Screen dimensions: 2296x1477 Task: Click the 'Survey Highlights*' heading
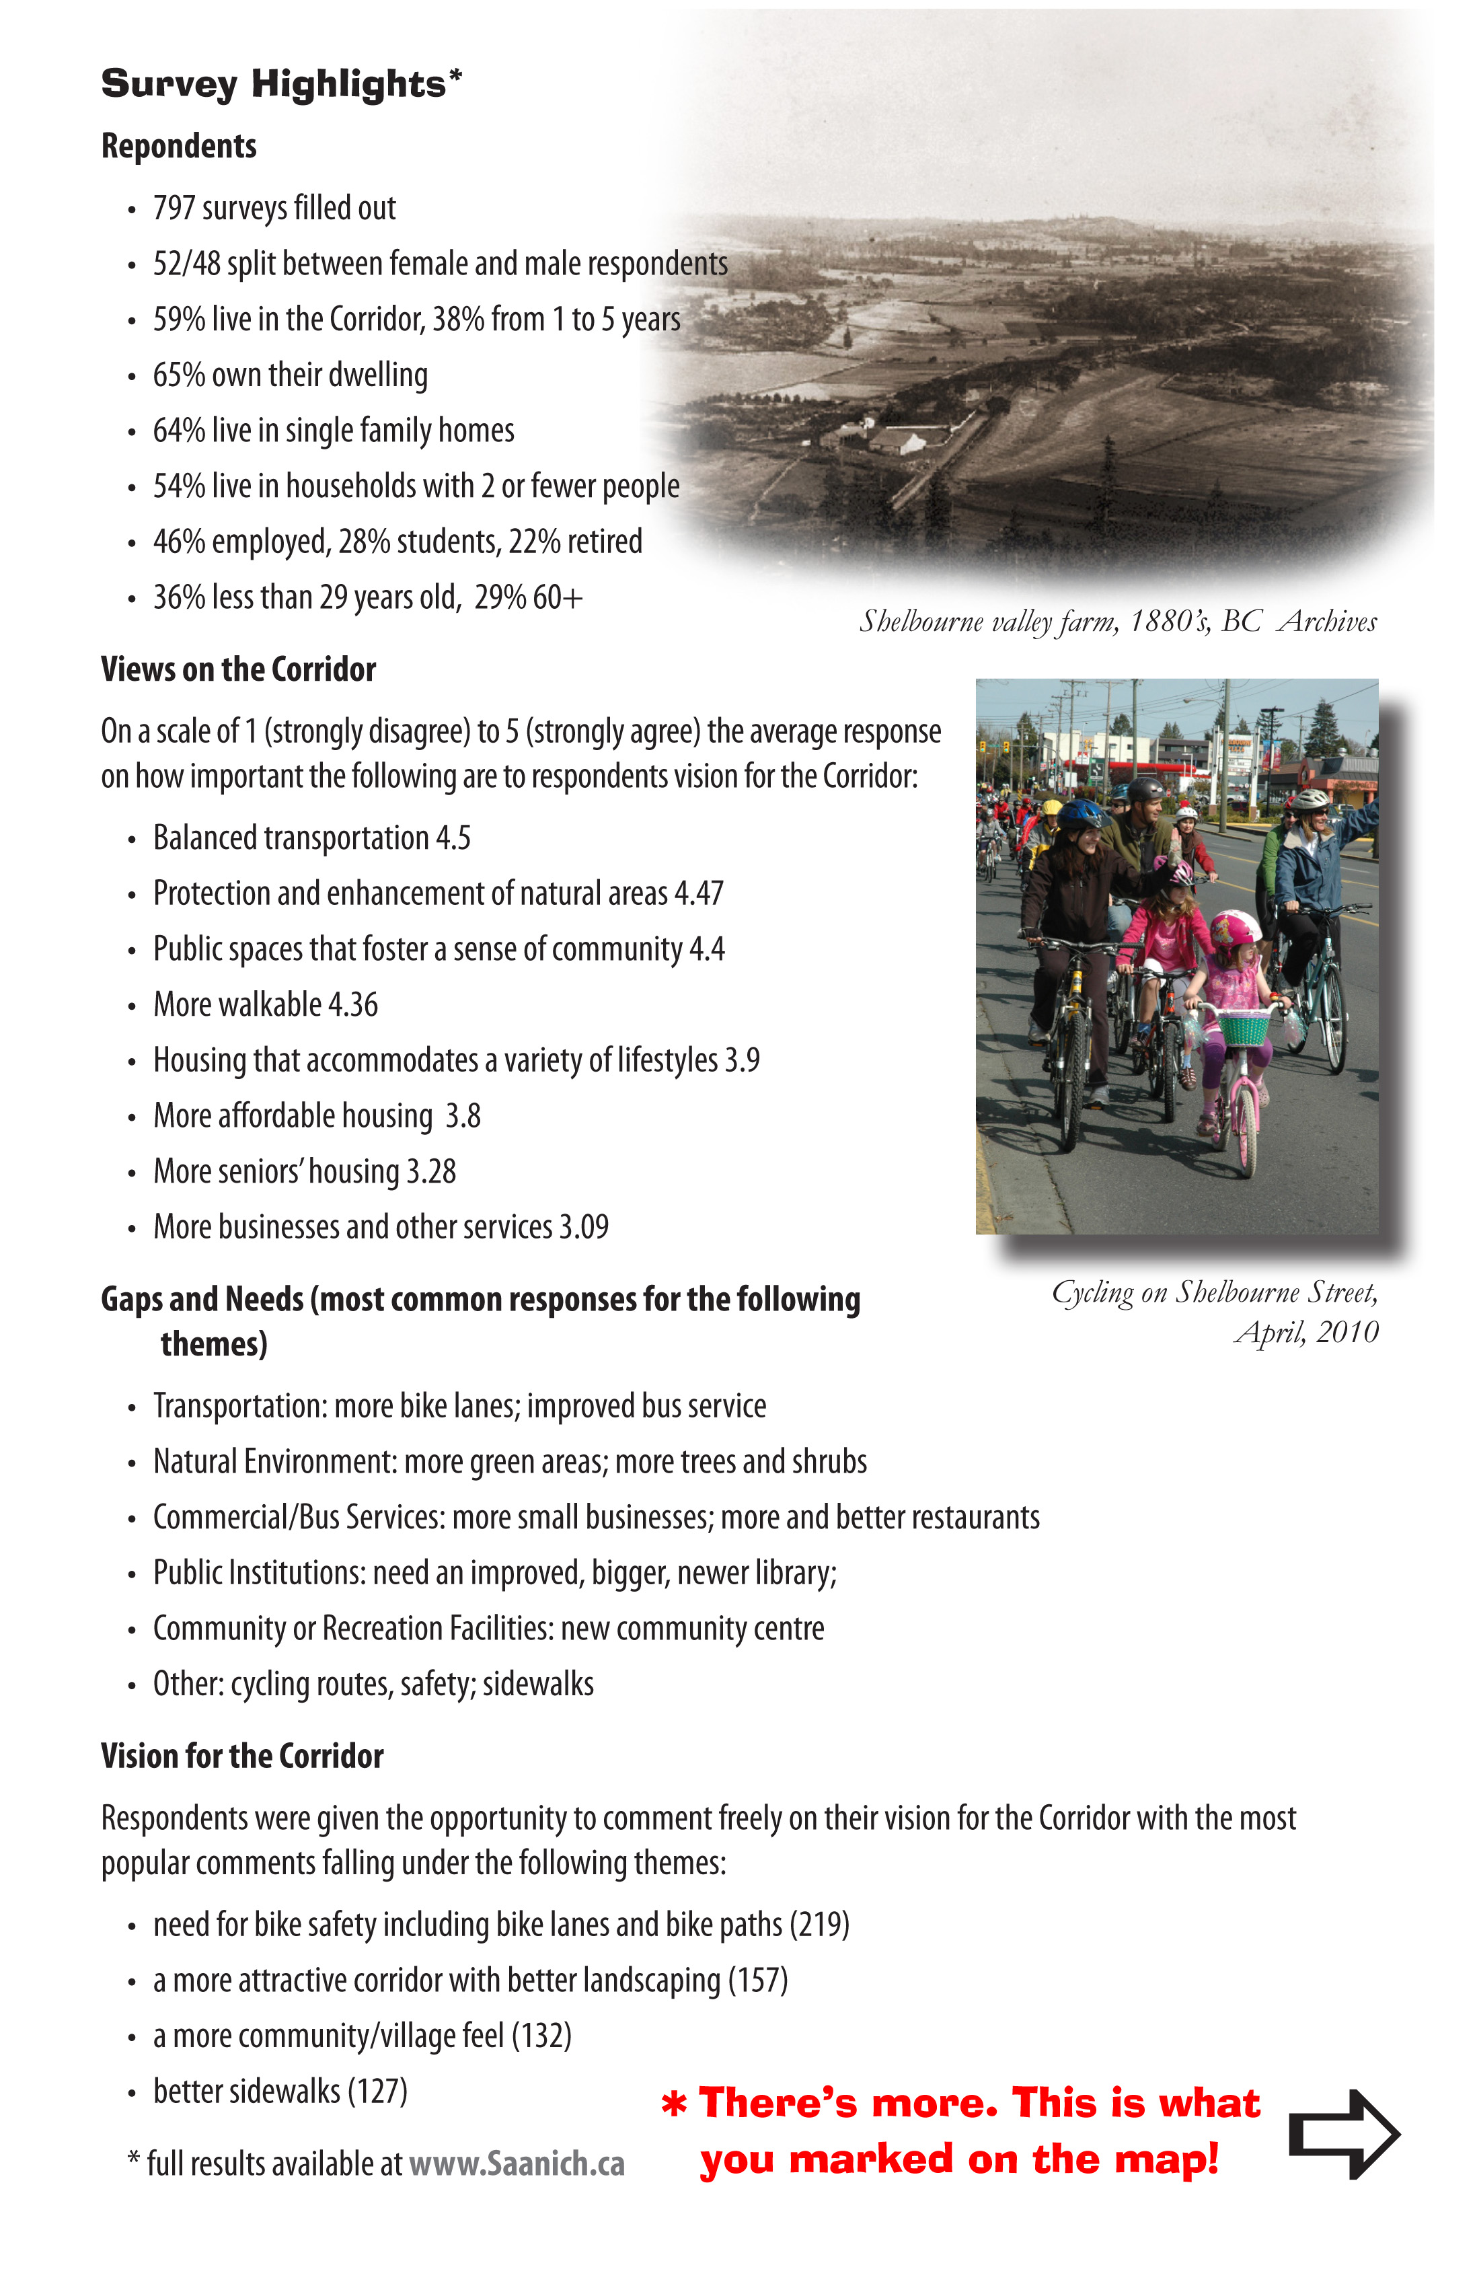click(281, 84)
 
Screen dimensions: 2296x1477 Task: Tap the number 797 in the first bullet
click(173, 208)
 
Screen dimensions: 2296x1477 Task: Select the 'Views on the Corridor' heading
click(238, 669)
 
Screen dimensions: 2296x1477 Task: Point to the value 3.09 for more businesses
click(584, 1228)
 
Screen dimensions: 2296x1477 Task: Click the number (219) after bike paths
click(819, 1925)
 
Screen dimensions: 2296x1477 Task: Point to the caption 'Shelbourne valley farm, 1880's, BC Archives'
click(1117, 622)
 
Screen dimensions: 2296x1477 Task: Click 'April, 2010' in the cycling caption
click(1305, 1332)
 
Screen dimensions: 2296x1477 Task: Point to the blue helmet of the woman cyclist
click(1081, 814)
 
